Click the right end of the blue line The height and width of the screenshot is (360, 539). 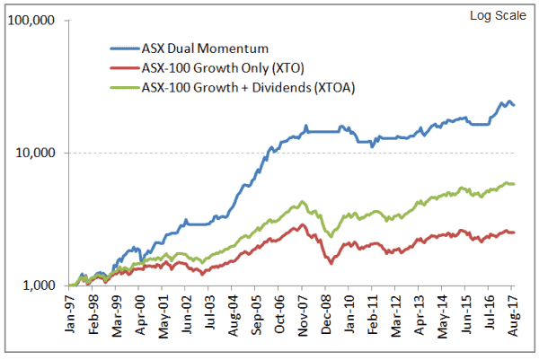(x=514, y=105)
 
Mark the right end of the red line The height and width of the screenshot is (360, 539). (x=514, y=233)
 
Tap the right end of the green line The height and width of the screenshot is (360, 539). (x=514, y=184)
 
